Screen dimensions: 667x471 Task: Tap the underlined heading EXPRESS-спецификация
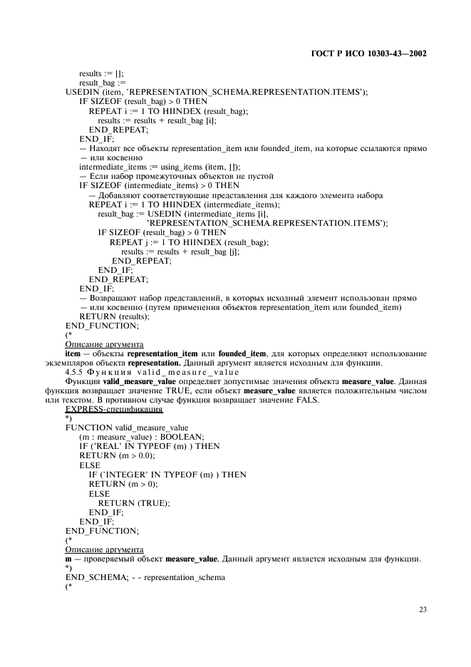pos(114,409)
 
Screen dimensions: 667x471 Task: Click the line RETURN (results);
pos(114,316)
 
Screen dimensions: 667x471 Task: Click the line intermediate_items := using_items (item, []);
pos(165,167)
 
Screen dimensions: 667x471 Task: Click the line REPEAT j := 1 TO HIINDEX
pos(189,242)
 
